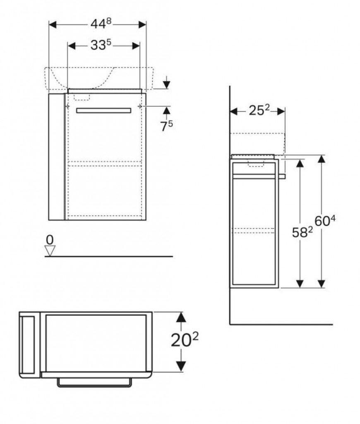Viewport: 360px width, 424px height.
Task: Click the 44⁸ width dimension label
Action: (x=101, y=24)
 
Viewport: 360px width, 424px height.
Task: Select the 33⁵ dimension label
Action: (x=101, y=45)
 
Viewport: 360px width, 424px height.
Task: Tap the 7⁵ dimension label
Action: (x=167, y=126)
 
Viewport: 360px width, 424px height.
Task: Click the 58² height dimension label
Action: (x=302, y=232)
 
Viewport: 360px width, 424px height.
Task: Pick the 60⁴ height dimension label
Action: (x=325, y=221)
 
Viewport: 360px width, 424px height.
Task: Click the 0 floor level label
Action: (x=50, y=240)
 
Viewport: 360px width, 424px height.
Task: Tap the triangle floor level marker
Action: (x=50, y=251)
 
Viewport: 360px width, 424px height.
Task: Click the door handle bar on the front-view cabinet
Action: (x=104, y=110)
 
